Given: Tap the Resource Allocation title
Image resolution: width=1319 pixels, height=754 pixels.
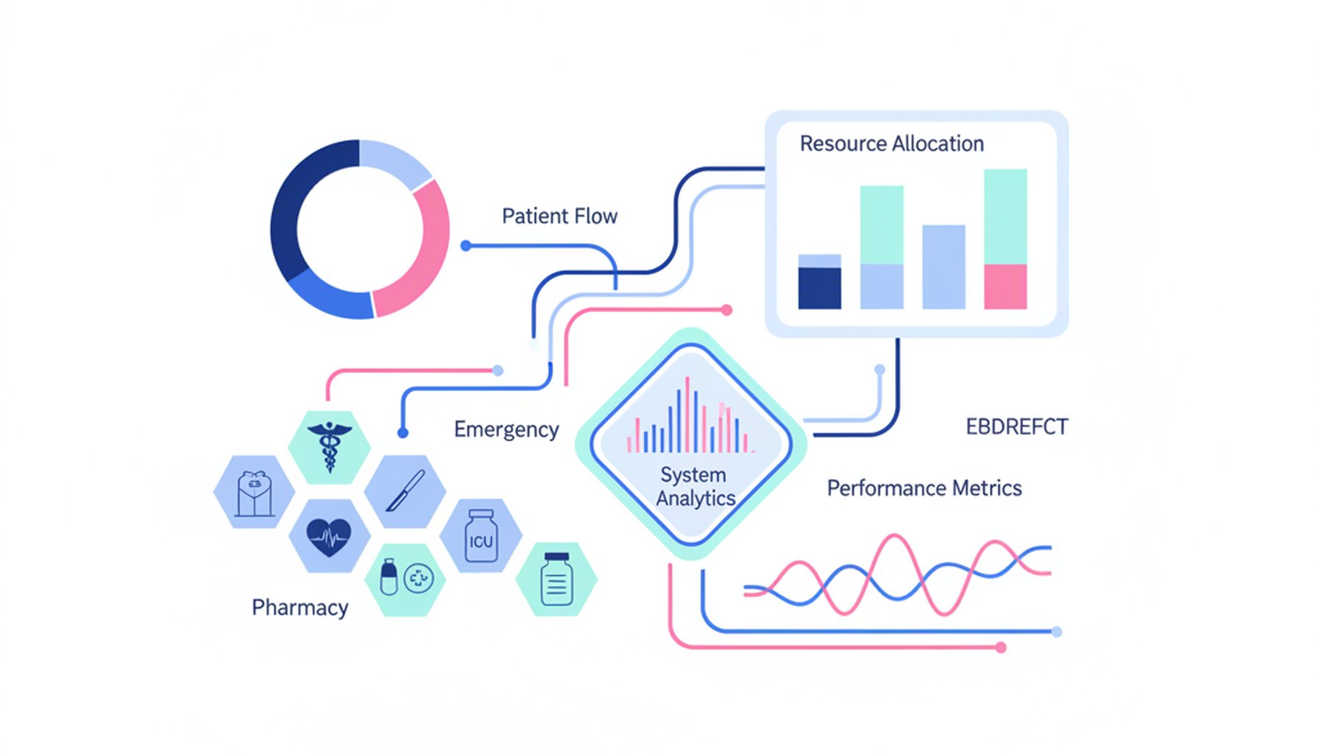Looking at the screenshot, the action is coord(891,144).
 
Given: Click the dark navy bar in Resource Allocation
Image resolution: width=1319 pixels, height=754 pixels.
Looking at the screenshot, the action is coord(819,287).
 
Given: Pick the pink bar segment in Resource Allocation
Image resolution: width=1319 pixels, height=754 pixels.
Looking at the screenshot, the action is coord(1005,286).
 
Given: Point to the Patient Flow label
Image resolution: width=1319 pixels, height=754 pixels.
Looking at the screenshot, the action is coord(559,216).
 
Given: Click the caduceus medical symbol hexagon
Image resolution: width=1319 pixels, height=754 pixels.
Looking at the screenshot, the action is coord(329,447).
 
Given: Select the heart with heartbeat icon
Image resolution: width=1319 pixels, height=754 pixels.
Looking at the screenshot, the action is coord(328,537).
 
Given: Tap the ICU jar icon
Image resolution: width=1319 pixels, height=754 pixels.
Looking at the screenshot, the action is coord(481,537).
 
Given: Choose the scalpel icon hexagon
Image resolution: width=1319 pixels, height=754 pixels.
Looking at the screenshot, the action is coord(405,491).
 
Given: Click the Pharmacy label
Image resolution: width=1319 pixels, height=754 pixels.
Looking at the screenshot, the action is coord(300,608).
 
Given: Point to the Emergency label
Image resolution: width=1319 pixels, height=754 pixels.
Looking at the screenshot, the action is coord(506,429).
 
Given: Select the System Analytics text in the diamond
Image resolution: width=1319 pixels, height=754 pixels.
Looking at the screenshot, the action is coord(694,486).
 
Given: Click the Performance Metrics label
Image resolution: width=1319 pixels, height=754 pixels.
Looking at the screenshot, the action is coord(924,488).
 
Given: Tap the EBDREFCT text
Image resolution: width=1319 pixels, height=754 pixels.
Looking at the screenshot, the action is coord(1016,427).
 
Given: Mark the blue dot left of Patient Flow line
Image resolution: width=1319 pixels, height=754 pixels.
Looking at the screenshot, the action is coord(466,246).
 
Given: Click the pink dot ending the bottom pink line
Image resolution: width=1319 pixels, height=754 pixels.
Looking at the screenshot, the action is coord(1000,647).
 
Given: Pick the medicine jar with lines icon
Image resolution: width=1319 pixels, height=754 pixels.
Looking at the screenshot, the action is coord(556,579).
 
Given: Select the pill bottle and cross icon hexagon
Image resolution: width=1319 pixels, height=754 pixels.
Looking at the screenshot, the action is coord(405,579).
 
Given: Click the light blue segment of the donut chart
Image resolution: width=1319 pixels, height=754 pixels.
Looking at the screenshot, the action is coord(394,161).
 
